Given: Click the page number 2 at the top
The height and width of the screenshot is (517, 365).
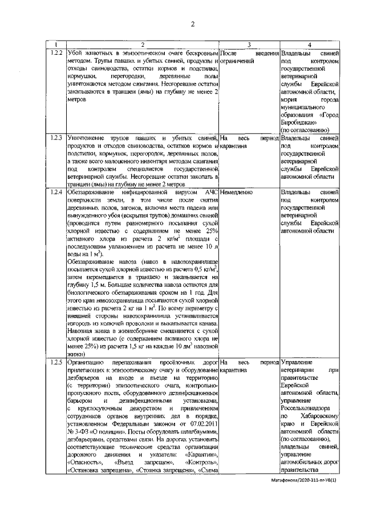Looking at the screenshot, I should point(193,23).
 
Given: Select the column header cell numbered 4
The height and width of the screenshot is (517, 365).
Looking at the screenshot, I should point(309,45).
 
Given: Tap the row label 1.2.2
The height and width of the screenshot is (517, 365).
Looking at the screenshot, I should point(55,53).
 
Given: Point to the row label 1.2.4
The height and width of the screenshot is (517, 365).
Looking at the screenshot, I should point(55,193).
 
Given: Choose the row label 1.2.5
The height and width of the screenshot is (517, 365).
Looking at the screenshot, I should point(55,362).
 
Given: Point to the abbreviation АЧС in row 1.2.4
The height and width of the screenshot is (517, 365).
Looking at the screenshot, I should point(209,193).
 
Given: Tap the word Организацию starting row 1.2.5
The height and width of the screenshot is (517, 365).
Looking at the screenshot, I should point(86,362).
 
